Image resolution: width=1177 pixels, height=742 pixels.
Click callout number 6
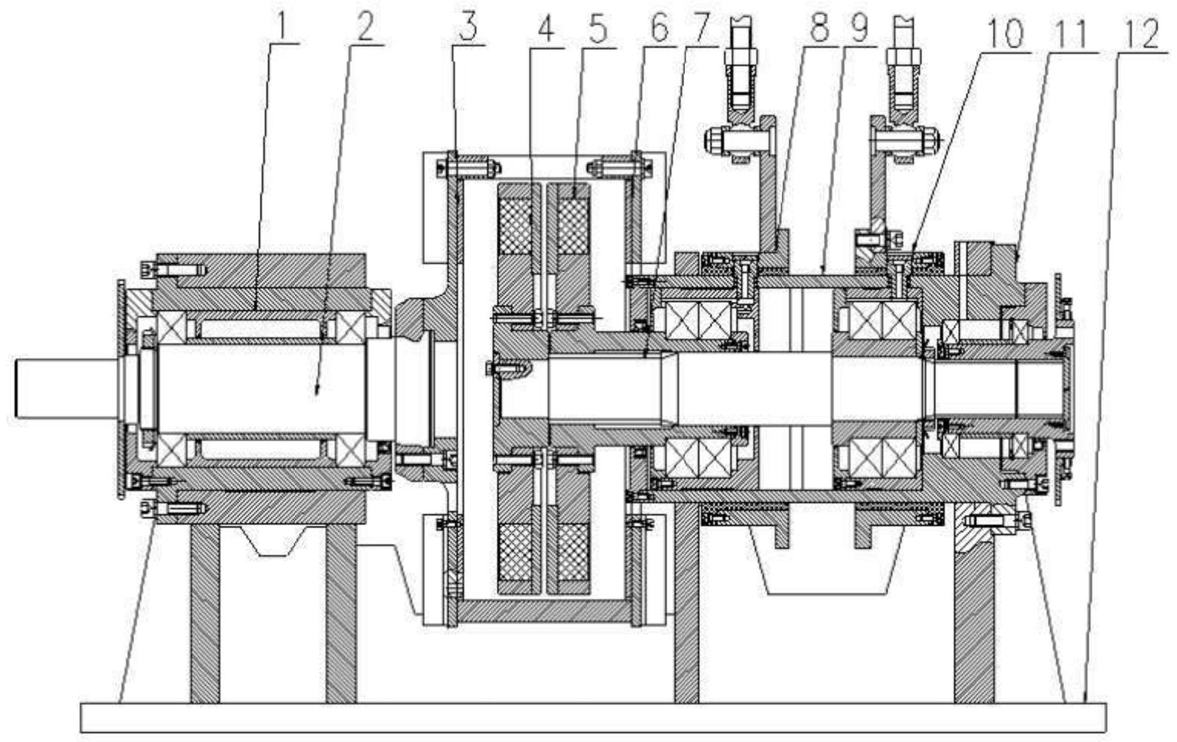tap(659, 27)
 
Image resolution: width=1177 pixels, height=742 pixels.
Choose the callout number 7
tap(700, 27)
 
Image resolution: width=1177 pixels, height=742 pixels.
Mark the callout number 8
tap(818, 27)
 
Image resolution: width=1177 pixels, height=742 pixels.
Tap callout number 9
tap(859, 27)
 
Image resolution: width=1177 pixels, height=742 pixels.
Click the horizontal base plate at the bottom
tap(592, 718)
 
